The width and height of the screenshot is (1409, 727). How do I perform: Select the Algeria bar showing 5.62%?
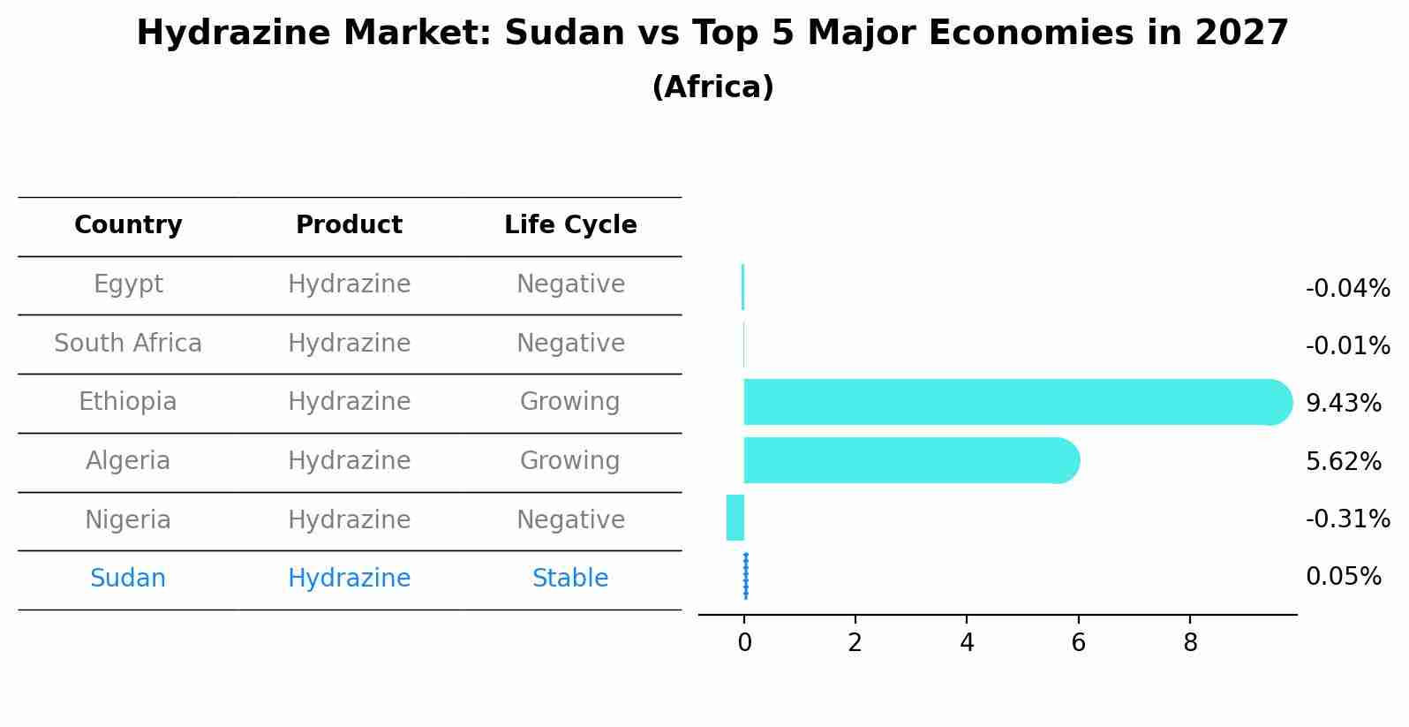point(909,460)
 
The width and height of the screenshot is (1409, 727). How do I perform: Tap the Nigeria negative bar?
point(735,518)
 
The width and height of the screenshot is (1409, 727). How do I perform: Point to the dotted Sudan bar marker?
point(746,576)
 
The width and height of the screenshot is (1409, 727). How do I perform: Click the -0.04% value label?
point(1347,289)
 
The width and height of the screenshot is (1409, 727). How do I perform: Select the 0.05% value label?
point(1343,577)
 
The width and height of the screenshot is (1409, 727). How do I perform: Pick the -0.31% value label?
point(1347,519)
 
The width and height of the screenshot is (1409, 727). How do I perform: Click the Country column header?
point(128,225)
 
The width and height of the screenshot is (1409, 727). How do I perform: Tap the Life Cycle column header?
point(570,225)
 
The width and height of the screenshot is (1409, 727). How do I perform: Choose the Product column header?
point(349,225)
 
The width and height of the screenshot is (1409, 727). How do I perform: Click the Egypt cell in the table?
point(128,284)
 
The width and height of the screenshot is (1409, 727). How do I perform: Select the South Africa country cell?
point(128,343)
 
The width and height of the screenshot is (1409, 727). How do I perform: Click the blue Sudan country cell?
point(128,579)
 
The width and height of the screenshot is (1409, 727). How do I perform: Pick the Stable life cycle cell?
point(570,579)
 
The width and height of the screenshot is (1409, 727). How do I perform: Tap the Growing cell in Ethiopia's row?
point(570,402)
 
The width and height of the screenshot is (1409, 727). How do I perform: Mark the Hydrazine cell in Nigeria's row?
point(349,519)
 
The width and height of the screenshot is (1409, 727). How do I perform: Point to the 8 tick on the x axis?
point(1190,643)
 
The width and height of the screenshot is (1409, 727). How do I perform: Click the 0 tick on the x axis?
point(744,643)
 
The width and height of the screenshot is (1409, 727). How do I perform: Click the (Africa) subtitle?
point(712,87)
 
